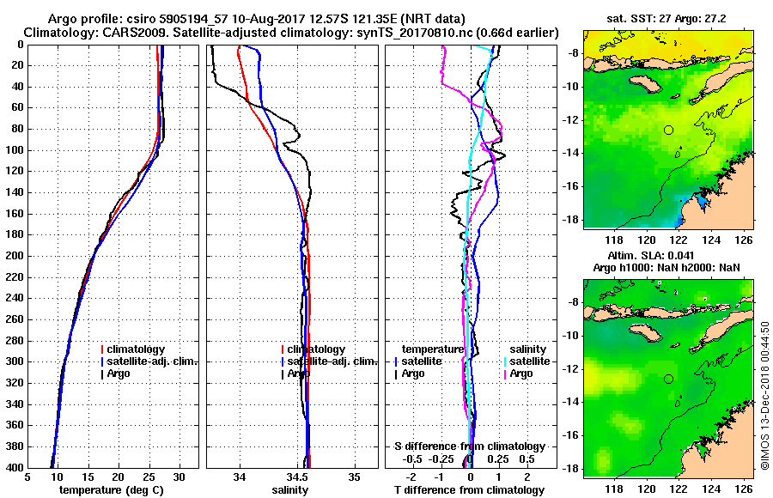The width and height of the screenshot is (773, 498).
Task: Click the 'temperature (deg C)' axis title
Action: click(113, 490)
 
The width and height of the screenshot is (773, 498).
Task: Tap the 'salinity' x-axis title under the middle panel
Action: click(291, 490)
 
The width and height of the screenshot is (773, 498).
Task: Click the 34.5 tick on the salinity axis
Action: click(297, 477)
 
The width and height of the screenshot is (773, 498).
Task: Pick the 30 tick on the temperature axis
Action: click(179, 477)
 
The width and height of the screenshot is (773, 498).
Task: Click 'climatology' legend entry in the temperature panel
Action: click(137, 349)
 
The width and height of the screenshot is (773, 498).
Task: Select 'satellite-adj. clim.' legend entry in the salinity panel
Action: click(332, 361)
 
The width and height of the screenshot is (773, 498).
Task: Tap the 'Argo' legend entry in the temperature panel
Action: click(119, 373)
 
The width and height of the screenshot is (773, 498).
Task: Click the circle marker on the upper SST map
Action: click(669, 130)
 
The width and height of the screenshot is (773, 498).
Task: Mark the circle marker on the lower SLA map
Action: click(669, 379)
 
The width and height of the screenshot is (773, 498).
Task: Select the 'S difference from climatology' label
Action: click(469, 446)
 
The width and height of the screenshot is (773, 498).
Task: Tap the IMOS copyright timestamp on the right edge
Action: click(764, 396)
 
